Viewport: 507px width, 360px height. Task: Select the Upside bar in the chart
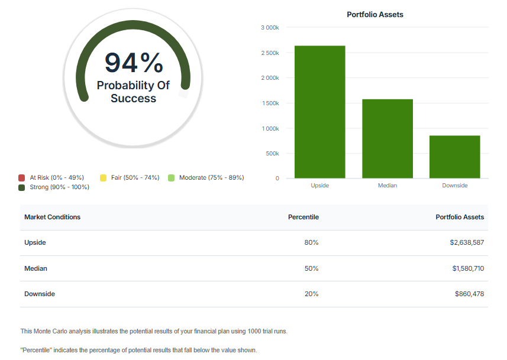[319, 112]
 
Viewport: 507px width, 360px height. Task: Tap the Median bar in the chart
[387, 138]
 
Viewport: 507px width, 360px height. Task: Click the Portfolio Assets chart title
[374, 14]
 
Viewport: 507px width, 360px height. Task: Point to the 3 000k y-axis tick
[270, 28]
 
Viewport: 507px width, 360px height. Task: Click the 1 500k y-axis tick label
[270, 103]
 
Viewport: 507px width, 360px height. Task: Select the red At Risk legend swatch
[22, 177]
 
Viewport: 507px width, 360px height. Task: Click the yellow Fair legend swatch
[103, 177]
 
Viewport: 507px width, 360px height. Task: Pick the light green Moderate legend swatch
[171, 177]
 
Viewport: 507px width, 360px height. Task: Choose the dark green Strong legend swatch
[22, 187]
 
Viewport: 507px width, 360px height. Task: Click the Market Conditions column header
[52, 217]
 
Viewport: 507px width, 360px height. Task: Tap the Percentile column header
[303, 217]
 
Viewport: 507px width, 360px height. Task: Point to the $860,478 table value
[469, 294]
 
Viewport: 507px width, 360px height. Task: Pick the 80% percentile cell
[311, 242]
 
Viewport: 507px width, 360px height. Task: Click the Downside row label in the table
[39, 294]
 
